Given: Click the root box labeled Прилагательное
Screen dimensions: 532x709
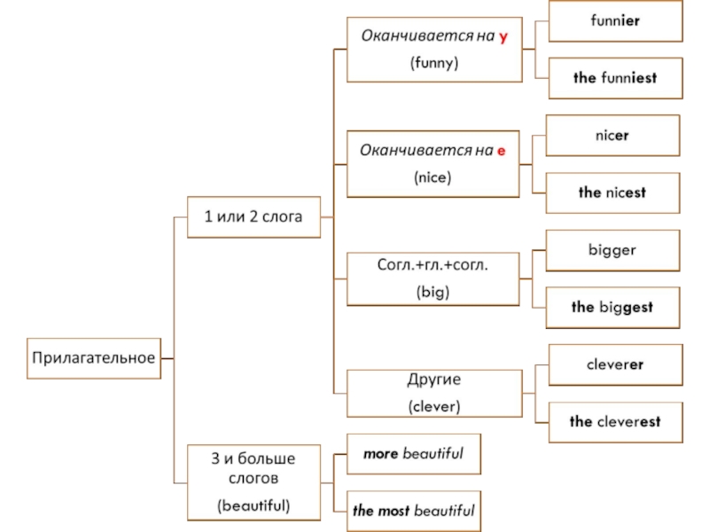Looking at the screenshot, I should [94, 358].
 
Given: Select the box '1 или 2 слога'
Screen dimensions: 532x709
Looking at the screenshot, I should [254, 216].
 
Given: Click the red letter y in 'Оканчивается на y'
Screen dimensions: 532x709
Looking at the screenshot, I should [503, 36].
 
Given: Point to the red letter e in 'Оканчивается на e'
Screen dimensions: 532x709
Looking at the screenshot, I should [501, 151].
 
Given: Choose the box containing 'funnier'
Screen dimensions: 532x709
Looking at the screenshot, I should [615, 21].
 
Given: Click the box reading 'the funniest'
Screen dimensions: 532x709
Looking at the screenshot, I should [615, 78].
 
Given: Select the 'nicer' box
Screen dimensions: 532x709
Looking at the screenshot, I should [612, 137].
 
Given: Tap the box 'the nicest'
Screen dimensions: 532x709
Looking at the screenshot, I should [612, 192].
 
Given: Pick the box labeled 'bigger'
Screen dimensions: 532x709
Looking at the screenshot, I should [612, 250].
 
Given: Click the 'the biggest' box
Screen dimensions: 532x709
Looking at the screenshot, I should [612, 307].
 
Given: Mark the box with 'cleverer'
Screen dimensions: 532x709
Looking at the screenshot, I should [615, 364].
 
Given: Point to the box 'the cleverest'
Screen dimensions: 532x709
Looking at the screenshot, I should [615, 421].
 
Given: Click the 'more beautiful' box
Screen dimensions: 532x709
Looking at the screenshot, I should [413, 453].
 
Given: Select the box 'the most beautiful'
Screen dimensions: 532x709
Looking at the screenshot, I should [413, 510].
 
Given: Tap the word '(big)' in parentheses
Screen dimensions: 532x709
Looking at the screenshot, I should [433, 292].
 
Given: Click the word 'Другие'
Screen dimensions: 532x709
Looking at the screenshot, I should [434, 379].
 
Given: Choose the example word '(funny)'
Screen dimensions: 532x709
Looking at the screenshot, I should [433, 63].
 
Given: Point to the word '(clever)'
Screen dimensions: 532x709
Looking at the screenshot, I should [434, 407].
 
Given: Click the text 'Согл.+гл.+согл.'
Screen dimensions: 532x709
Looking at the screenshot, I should [433, 264].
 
